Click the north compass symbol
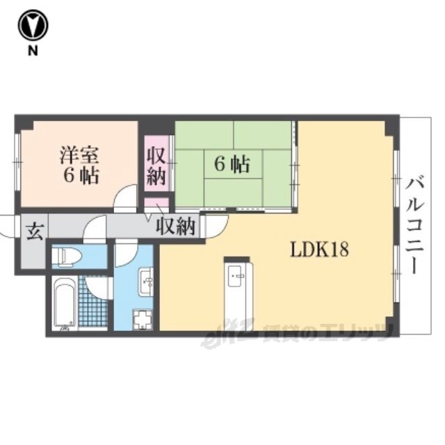33,26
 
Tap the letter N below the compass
33,51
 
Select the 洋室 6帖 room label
79,165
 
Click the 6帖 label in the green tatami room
232,164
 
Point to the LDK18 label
319,250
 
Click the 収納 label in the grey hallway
176,226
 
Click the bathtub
65,303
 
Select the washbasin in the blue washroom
146,282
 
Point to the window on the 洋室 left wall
18,161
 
